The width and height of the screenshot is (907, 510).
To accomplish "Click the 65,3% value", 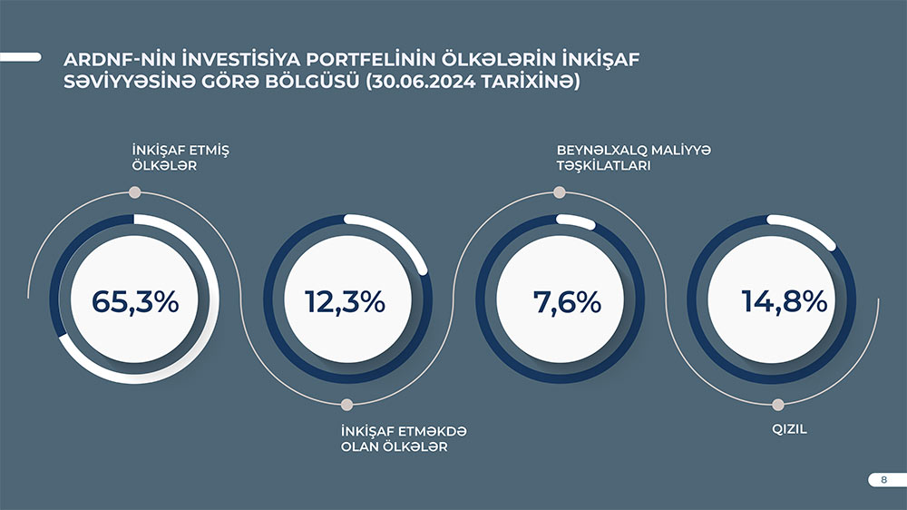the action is pyautogui.click(x=135, y=302).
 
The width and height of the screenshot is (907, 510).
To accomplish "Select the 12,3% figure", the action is pyautogui.click(x=346, y=302).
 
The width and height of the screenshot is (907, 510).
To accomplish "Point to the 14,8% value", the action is pyautogui.click(x=785, y=302).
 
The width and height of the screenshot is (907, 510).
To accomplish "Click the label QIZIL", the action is pyautogui.click(x=790, y=429).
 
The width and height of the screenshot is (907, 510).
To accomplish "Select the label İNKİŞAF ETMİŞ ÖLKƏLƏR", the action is pyautogui.click(x=180, y=158).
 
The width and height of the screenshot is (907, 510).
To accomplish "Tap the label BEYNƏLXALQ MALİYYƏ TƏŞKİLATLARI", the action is pyautogui.click(x=634, y=158).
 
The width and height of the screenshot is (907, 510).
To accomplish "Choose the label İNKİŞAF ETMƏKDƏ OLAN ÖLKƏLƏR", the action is pyautogui.click(x=404, y=439).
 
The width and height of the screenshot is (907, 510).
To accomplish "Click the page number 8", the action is pyautogui.click(x=883, y=479).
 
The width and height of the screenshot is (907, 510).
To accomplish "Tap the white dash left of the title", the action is pyautogui.click(x=21, y=57).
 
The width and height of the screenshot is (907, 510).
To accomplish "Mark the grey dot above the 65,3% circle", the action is pyautogui.click(x=135, y=192).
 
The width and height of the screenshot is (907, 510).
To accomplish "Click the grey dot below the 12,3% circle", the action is pyautogui.click(x=347, y=404).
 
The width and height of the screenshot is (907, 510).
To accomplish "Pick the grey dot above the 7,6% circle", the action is pyautogui.click(x=560, y=192).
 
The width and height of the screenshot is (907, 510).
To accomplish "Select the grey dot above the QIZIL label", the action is pyautogui.click(x=778, y=404).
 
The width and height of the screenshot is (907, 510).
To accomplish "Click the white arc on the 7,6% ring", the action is pyautogui.click(x=576, y=221).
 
